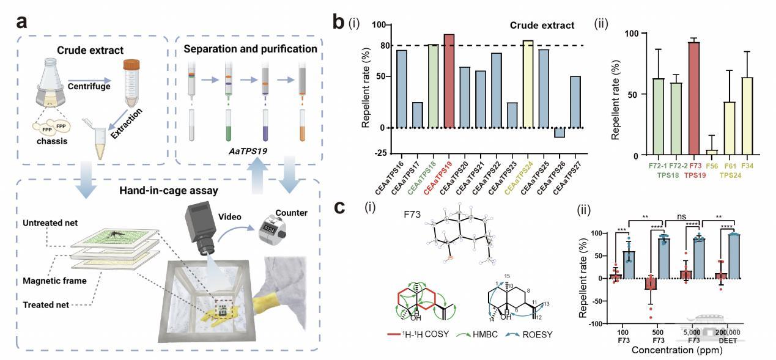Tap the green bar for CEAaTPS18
click(x=434, y=86)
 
